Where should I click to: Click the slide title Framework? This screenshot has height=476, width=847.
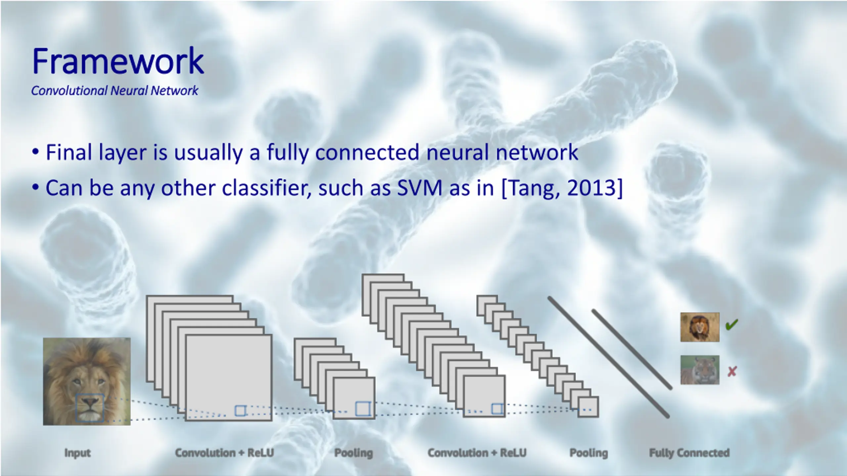pos(118,61)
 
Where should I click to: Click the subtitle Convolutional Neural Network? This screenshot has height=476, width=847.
pos(114,91)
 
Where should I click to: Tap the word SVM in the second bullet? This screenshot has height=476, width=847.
pos(420,188)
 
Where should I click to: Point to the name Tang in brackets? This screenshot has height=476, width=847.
pos(530,188)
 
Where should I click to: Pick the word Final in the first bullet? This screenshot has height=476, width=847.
pos(69,152)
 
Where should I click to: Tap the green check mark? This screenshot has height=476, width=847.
pos(732,325)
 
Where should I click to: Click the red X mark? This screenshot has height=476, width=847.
pos(732,372)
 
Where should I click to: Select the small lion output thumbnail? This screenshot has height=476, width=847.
pos(700,327)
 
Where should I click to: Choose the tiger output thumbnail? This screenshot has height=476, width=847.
pos(700,370)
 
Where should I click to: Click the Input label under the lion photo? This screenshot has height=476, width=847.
pos(77,453)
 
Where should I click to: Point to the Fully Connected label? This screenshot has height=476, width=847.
pos(689,453)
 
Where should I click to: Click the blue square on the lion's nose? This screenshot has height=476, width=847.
pos(90,408)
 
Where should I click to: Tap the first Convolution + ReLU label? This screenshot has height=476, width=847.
pos(224,453)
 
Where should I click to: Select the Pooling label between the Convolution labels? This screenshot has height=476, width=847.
pos(353,453)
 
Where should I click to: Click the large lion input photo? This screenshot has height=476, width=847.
pos(87,370)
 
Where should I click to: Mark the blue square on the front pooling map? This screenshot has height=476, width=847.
pos(363,409)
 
